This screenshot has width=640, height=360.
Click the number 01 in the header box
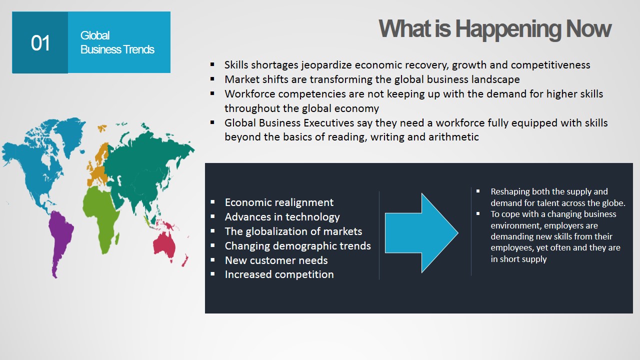point(40,43)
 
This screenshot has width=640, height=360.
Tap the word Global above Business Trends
point(95,35)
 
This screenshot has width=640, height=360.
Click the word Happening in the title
point(508,29)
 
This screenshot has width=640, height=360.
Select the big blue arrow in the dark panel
point(421,233)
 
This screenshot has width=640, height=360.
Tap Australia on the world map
point(164,245)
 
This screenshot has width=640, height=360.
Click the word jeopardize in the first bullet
point(326,65)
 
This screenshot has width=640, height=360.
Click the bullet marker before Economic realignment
point(212,202)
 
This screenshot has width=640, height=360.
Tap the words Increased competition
point(279,275)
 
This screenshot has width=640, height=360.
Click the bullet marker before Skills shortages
point(212,64)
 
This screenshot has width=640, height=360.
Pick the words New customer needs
point(276,260)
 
